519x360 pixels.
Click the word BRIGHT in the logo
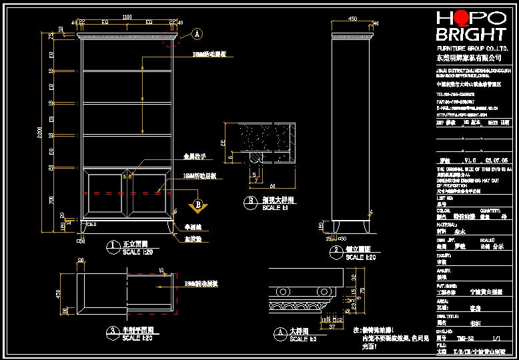point(470,35)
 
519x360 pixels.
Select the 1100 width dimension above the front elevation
point(127,17)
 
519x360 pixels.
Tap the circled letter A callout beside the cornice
point(197,33)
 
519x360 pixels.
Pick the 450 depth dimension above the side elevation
point(353,19)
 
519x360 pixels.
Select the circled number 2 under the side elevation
point(338,251)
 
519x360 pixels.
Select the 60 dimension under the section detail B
point(272,187)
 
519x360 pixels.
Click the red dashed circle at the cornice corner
point(177,39)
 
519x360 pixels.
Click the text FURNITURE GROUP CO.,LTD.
point(472,49)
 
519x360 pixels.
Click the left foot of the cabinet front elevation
point(83,227)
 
